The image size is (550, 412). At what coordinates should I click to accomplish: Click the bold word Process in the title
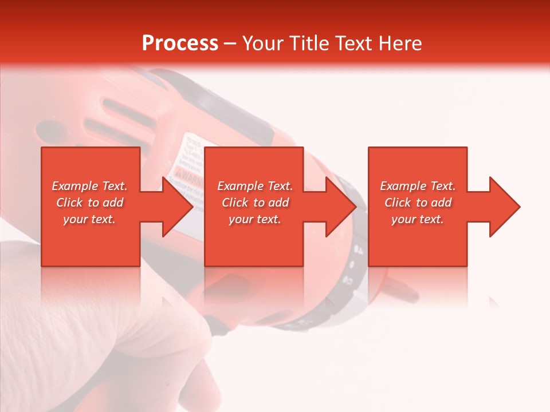tap(180, 43)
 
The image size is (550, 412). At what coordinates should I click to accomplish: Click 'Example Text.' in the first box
tap(89, 186)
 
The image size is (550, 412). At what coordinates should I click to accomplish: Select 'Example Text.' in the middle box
tap(255, 186)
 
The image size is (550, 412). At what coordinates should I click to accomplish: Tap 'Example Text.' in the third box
tap(418, 186)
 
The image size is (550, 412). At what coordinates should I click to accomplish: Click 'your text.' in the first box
tap(89, 219)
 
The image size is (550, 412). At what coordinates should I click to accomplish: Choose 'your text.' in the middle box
tap(255, 219)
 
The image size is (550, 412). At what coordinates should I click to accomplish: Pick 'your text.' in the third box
tap(418, 219)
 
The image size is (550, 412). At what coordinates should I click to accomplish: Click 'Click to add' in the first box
tap(89, 203)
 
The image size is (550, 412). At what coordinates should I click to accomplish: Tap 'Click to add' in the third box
tap(418, 203)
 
